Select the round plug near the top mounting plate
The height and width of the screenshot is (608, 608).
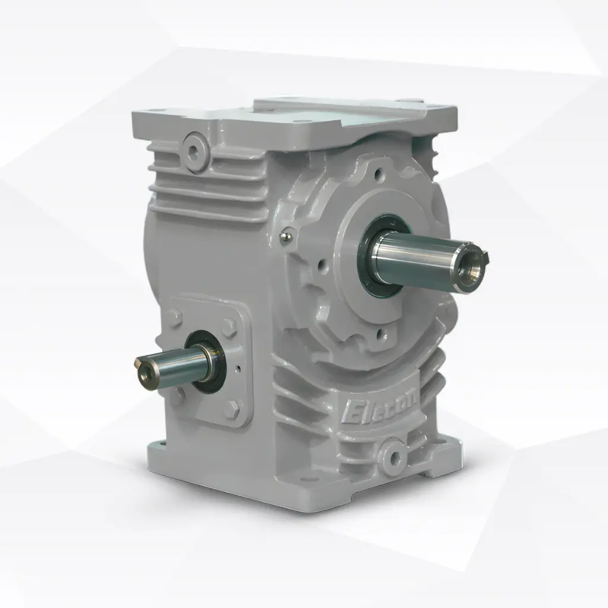point(195,145)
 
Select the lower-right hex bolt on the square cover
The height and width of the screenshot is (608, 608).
point(233,409)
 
